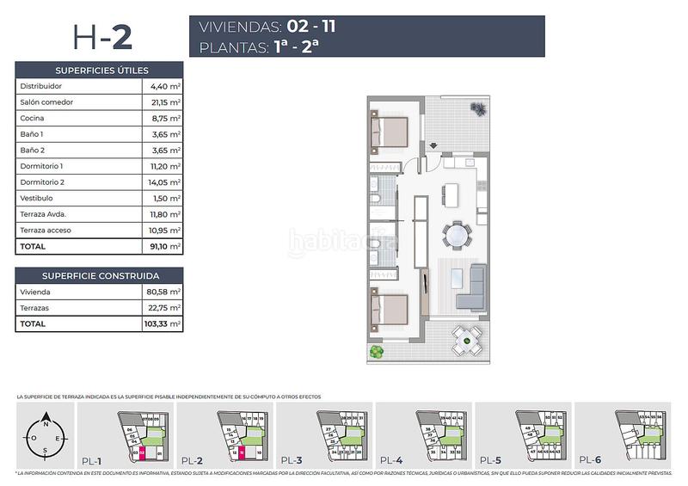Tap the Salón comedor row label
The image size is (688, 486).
click(46, 102)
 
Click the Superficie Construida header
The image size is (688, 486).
click(100, 275)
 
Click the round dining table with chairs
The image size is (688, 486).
click(457, 235)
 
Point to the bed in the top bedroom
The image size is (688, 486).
click(389, 133)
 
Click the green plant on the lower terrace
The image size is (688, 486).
click(375, 352)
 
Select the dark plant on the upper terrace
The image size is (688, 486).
click(476, 107)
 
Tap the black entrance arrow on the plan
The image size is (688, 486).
click(434, 145)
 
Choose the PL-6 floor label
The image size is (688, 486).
click(591, 459)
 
